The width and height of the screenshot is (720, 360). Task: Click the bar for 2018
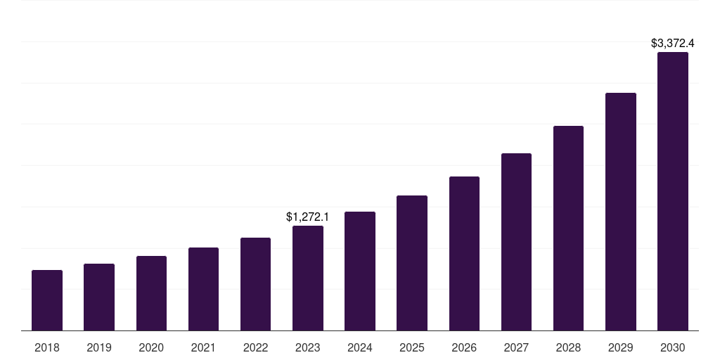47,300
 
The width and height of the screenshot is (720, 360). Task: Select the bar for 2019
99,297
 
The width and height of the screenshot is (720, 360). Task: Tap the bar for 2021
203,289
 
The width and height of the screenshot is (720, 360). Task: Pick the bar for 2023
308,278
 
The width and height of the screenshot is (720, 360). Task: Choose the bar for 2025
412,263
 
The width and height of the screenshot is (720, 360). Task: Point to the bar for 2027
516,242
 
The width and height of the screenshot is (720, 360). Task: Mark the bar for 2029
621,212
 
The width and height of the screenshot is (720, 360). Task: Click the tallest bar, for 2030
673,191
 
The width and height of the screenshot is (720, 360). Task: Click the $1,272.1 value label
308,217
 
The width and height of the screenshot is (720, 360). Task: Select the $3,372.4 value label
673,44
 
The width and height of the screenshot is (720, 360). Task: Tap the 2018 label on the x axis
47,347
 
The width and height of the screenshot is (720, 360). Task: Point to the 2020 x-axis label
151,347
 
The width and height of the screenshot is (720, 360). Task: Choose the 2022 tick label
255,347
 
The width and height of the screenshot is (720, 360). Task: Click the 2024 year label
360,347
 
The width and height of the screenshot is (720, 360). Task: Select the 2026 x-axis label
464,347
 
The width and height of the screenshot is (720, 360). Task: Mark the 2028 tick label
568,347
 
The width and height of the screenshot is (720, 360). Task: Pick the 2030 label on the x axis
673,347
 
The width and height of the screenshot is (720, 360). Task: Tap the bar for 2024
360,271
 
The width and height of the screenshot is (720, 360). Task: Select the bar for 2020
151,293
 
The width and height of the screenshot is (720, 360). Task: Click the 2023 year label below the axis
308,347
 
